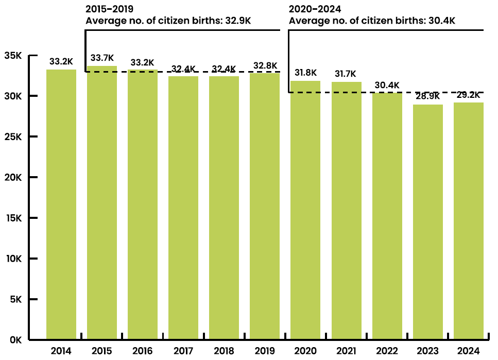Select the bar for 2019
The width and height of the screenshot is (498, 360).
click(x=265, y=206)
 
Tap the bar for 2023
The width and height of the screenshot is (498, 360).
click(x=428, y=222)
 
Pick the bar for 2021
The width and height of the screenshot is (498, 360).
click(x=346, y=211)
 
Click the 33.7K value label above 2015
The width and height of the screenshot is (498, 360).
click(x=102, y=57)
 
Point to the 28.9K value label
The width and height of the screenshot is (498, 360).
click(x=428, y=96)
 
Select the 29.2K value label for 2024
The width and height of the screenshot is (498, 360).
click(x=469, y=94)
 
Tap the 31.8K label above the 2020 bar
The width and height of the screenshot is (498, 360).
click(x=305, y=72)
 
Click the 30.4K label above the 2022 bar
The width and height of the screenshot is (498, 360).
click(x=387, y=84)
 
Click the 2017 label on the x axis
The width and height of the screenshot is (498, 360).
click(x=183, y=351)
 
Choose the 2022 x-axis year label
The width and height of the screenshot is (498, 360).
click(x=387, y=351)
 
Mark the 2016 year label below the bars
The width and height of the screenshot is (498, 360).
click(x=143, y=351)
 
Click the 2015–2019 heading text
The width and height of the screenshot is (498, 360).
click(x=109, y=9)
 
